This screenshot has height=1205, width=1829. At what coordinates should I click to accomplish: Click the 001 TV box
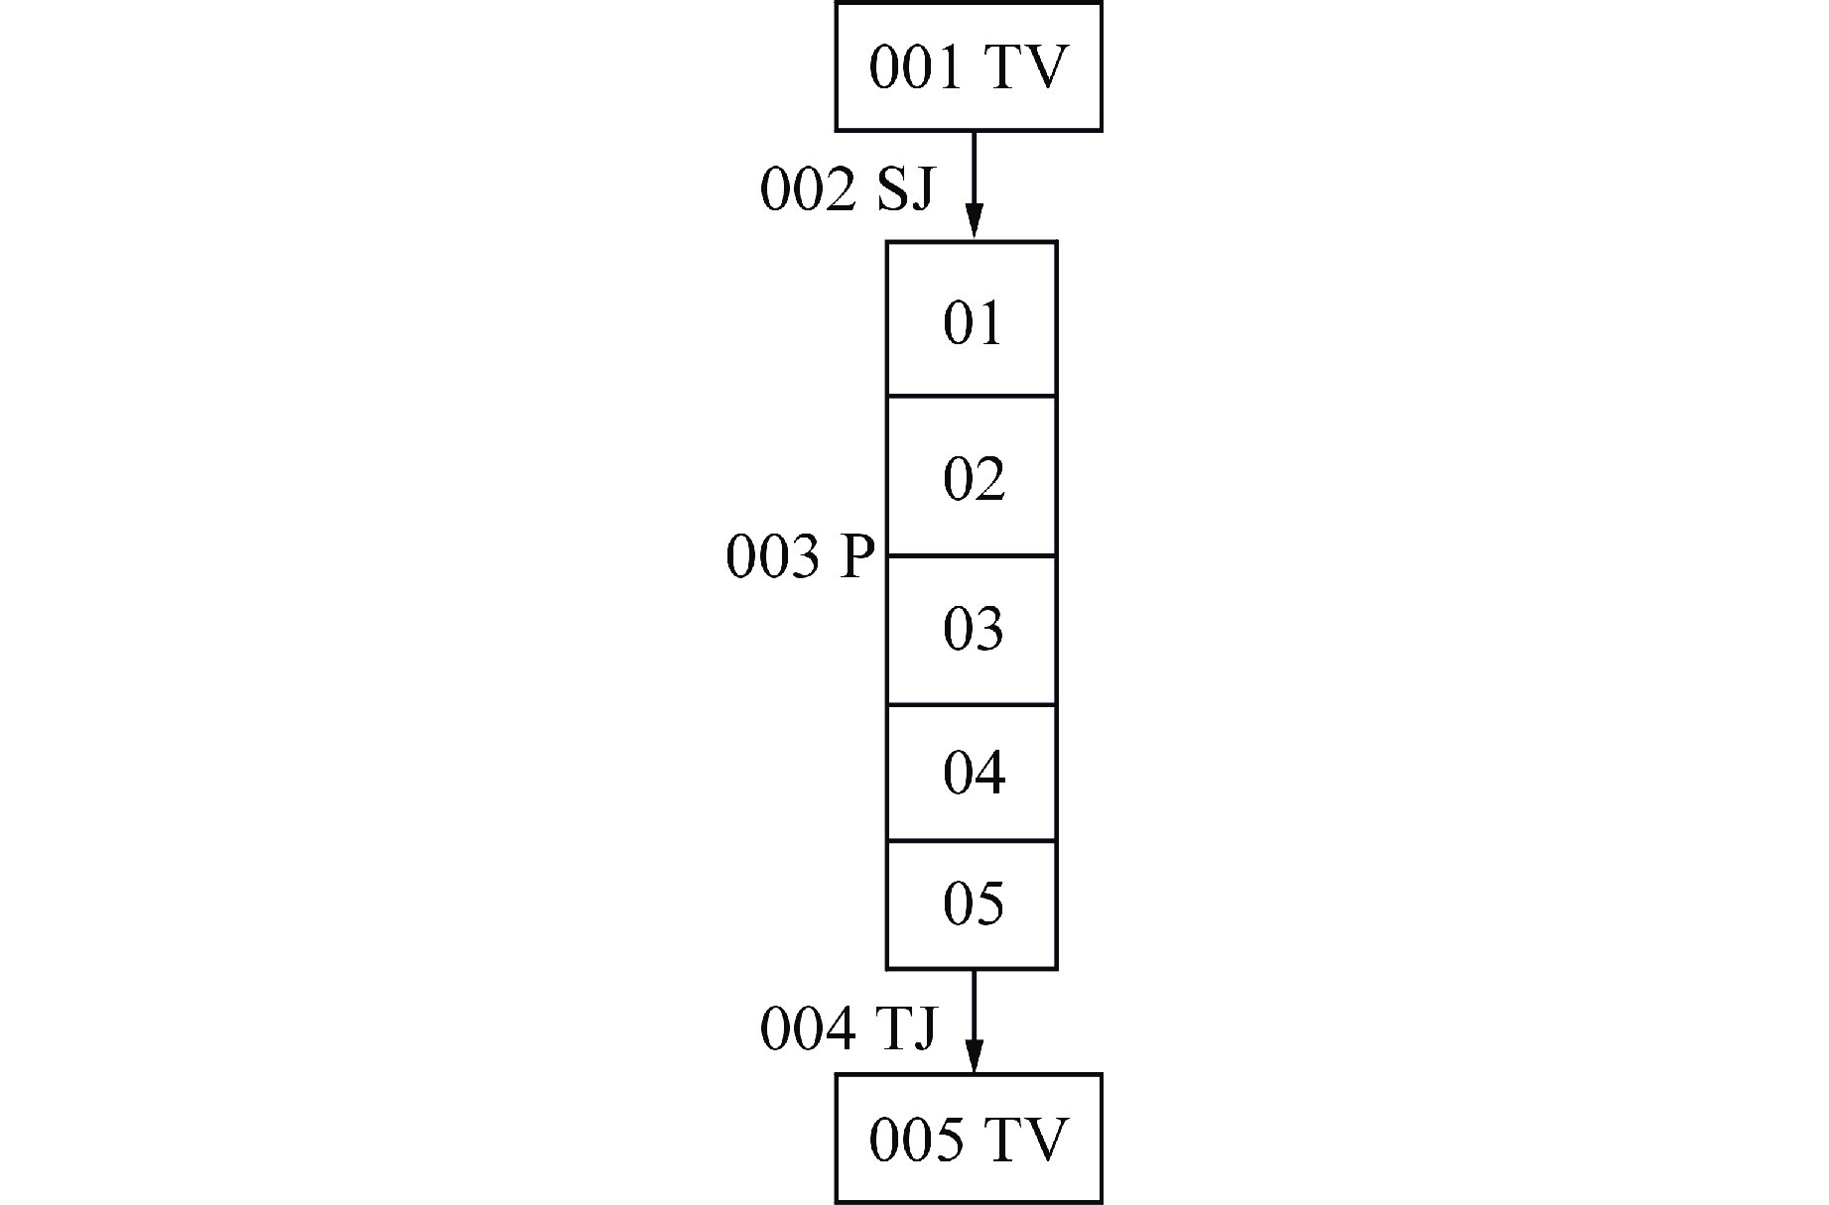tap(968, 67)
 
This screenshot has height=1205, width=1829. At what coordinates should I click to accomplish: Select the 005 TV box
tap(968, 1139)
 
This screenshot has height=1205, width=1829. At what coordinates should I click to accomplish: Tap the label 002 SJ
tap(847, 189)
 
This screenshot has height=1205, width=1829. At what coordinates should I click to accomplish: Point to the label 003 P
tap(801, 556)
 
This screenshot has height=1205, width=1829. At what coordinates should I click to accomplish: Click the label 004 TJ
tap(848, 1028)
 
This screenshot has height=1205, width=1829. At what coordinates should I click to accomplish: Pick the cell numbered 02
tap(972, 479)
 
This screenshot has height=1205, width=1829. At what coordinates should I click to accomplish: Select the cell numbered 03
tap(972, 629)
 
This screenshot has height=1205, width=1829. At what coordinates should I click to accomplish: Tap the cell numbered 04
tap(972, 773)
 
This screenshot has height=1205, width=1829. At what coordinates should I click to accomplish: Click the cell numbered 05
tap(972, 904)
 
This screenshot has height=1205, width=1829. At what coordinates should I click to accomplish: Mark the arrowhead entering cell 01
tap(974, 222)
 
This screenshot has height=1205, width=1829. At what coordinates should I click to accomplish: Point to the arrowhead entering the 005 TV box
tap(974, 1056)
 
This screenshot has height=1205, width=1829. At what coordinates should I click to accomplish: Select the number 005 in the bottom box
tap(916, 1140)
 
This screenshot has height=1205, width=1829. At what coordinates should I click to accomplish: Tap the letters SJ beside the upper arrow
tap(904, 189)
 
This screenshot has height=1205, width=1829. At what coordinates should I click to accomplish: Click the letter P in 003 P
tap(857, 556)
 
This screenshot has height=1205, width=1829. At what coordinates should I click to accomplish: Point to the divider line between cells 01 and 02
tap(972, 396)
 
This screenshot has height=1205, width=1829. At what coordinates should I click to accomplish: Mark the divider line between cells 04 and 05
tap(972, 841)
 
